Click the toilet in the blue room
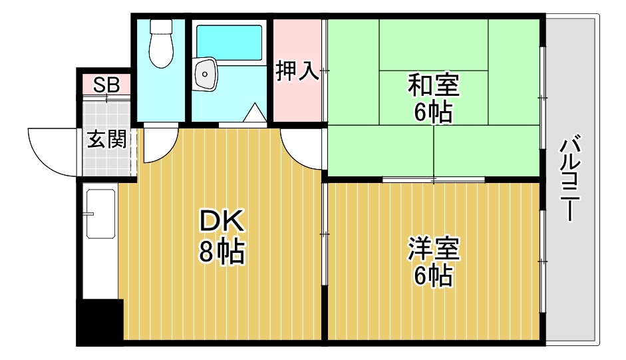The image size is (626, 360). pyautogui.click(x=160, y=44)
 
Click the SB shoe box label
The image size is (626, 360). pyautogui.click(x=106, y=85)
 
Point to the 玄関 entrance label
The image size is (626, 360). pyautogui.click(x=106, y=140)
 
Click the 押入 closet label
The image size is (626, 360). pyautogui.click(x=297, y=71)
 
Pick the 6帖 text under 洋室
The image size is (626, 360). pyautogui.click(x=433, y=275)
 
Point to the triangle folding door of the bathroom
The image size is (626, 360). pyautogui.click(x=253, y=113)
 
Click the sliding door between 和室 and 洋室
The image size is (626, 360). pyautogui.click(x=433, y=180)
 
